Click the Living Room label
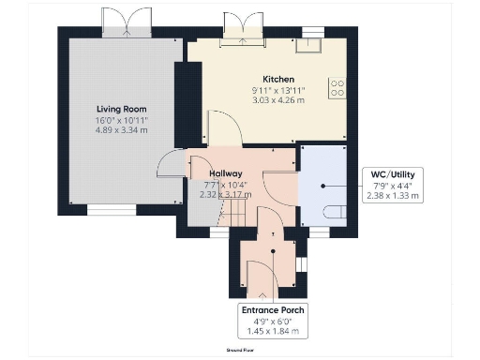[121, 108]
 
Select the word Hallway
[226, 173]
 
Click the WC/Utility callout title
[393, 173]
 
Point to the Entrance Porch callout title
[272, 309]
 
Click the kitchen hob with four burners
[337, 88]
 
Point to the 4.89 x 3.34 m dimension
[121, 131]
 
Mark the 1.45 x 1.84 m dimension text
[272, 332]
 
